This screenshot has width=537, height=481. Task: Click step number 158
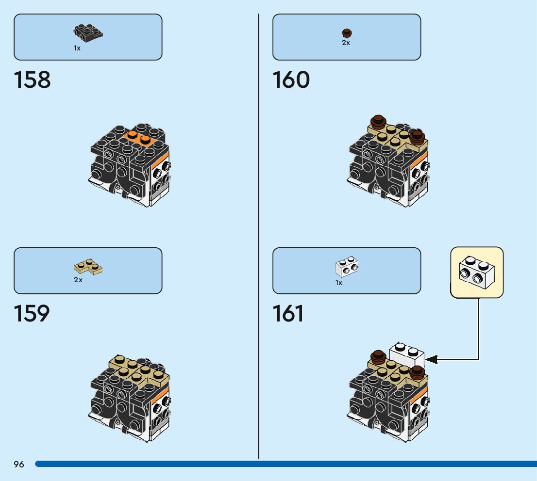pos(33,80)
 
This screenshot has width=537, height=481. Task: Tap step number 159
pos(32,314)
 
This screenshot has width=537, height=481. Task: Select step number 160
pos(291,80)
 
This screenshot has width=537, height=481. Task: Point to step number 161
pos(288,314)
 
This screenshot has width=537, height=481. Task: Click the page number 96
pos(19,465)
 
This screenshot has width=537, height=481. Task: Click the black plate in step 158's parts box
pos(88,32)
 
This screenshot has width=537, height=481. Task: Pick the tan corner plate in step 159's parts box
pos(88,266)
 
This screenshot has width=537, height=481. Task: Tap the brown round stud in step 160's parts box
pos(347,33)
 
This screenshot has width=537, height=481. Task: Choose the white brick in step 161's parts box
pos(347,266)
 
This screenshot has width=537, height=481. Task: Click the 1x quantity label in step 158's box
pos(77,48)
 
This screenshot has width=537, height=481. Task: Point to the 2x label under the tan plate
pos(78,280)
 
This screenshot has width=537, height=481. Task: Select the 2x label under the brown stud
pos(346,43)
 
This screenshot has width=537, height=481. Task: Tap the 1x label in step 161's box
pos(339,283)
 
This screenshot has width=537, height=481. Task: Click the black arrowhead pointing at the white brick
pos(431,359)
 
